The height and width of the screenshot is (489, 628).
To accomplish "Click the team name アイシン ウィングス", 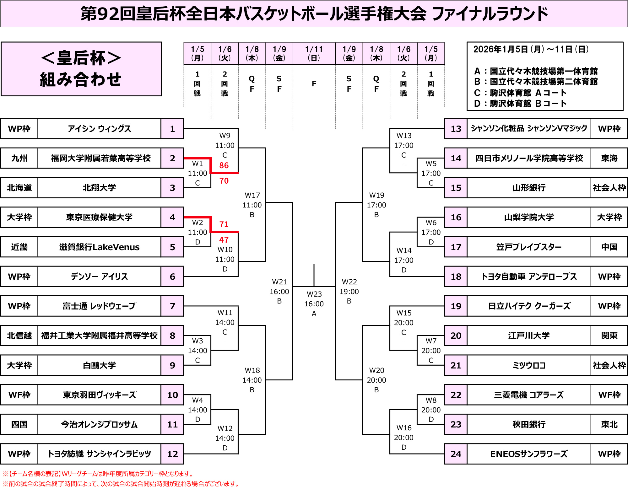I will pyautogui.click(x=99, y=129).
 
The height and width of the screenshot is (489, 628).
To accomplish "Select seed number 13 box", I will pyautogui.click(x=456, y=129).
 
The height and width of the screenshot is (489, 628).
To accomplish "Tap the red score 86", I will pyautogui.click(x=224, y=165).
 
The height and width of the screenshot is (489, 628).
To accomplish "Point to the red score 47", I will pyautogui.click(x=224, y=240).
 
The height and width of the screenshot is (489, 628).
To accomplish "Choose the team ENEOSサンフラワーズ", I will pyautogui.click(x=529, y=454).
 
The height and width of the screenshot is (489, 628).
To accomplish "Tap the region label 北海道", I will pyautogui.click(x=19, y=188).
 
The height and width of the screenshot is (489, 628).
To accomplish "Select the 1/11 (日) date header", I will pyautogui.click(x=314, y=53).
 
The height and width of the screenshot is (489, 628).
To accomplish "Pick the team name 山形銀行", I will pyautogui.click(x=529, y=188).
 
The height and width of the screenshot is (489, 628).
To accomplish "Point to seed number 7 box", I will pyautogui.click(x=172, y=306).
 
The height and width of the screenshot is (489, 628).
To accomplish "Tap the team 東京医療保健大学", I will pyautogui.click(x=99, y=217).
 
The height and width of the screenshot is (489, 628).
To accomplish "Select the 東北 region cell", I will pyautogui.click(x=609, y=424).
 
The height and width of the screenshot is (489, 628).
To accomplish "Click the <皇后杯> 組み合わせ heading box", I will pyautogui.click(x=81, y=69).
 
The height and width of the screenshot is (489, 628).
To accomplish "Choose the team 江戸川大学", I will pyautogui.click(x=529, y=336).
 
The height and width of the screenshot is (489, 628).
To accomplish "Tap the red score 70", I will pyautogui.click(x=224, y=181).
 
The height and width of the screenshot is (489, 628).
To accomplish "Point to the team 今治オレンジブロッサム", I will pyautogui.click(x=99, y=424).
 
